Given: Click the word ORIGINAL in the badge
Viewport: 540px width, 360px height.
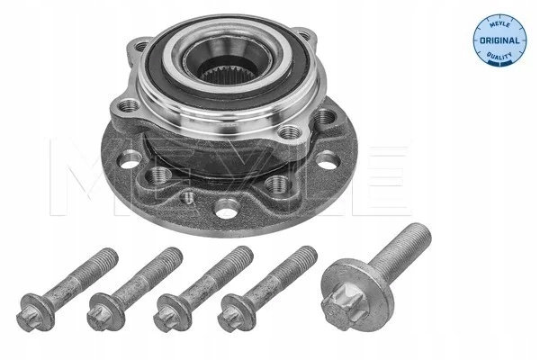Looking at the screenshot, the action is [499, 40].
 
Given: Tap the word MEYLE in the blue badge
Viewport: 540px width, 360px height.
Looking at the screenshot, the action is [499, 24].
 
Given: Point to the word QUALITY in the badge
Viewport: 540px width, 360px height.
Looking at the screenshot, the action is [499, 55].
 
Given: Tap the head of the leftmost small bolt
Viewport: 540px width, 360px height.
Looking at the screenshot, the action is [35, 312].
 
